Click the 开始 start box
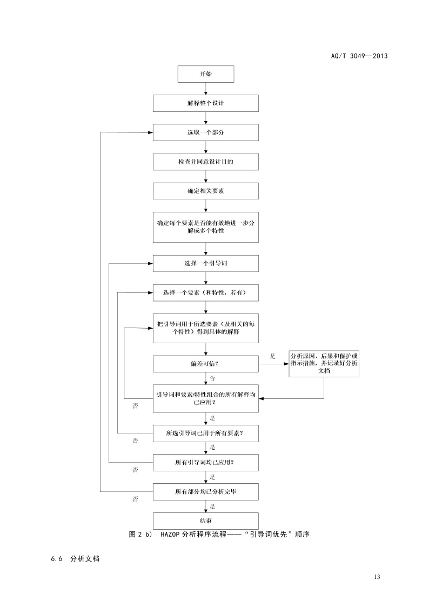click(x=206, y=74)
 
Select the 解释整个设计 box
click(x=206, y=103)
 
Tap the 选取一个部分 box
click(x=206, y=132)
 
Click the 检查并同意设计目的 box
click(x=206, y=162)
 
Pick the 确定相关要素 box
click(x=206, y=191)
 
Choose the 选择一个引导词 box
click(x=206, y=263)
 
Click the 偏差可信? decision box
click(x=206, y=364)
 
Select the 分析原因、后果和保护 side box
click(x=324, y=363)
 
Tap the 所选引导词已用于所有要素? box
click(x=206, y=433)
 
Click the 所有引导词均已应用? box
click(x=206, y=462)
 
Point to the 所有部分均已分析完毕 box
click(x=206, y=491)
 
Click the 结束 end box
click(x=206, y=521)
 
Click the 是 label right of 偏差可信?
click(x=272, y=356)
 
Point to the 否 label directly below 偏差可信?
click(x=212, y=378)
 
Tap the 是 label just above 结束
click(x=212, y=506)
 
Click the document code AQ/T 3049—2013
click(x=359, y=55)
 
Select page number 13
click(x=377, y=577)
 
